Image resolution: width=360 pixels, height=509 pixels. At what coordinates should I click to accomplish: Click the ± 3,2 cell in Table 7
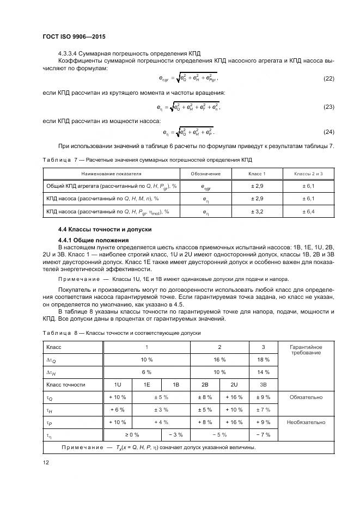(x=257, y=212)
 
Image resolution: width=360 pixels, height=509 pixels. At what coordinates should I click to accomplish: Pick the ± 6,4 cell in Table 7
(x=308, y=212)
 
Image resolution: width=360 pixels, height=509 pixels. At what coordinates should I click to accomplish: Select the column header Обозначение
(x=205, y=174)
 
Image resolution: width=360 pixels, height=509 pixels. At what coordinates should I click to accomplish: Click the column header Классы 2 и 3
(x=308, y=174)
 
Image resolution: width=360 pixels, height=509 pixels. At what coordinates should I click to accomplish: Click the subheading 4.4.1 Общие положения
(x=93, y=240)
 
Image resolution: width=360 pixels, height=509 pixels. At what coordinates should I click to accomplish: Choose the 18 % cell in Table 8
(x=263, y=360)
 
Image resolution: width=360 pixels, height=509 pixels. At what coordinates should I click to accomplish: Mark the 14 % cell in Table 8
(x=263, y=372)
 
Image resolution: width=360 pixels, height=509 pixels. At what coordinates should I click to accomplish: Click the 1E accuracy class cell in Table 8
(x=147, y=385)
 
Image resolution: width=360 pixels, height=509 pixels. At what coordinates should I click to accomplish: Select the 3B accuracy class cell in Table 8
(x=263, y=385)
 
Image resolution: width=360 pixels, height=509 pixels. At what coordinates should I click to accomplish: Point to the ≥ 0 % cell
(x=132, y=435)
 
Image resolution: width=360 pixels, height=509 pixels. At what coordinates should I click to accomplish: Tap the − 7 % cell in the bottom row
(x=263, y=435)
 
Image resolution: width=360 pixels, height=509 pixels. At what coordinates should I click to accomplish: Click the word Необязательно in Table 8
(x=306, y=422)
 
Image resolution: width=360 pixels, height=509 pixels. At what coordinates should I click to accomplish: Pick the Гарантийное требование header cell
(x=306, y=350)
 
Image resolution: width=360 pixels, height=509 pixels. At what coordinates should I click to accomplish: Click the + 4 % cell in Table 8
(x=161, y=422)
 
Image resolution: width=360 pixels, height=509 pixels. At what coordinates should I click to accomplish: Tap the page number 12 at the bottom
(x=46, y=463)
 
